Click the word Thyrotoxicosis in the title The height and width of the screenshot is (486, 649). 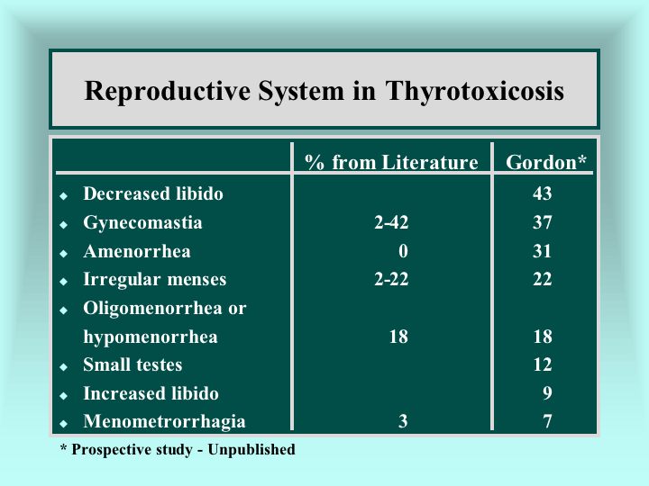click(475, 91)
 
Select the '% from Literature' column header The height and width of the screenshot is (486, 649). click(391, 162)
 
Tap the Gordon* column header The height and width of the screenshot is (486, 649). click(546, 162)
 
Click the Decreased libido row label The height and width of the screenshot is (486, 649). click(153, 193)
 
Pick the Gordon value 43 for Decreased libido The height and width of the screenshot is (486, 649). click(543, 193)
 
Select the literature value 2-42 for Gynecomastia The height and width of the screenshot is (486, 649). click(391, 222)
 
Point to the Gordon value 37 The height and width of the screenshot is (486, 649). click(543, 222)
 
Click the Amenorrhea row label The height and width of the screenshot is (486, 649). click(137, 251)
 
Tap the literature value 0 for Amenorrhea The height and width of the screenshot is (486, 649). click(403, 251)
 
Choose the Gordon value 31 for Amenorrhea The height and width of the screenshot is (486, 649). click(543, 251)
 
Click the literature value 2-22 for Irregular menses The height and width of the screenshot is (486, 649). click(391, 279)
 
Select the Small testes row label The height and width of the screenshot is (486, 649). click(133, 364)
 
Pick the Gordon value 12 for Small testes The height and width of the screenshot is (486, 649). click(543, 364)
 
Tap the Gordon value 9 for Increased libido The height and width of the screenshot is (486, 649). click(547, 393)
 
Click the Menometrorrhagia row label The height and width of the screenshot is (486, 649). click(164, 421)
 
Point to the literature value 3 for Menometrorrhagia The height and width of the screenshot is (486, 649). click(403, 421)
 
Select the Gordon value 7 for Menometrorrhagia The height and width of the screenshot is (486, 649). click(547, 421)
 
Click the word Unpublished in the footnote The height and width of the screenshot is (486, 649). click(251, 450)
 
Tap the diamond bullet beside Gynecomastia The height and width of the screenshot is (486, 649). click(63, 225)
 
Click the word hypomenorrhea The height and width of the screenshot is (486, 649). click(151, 337)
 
